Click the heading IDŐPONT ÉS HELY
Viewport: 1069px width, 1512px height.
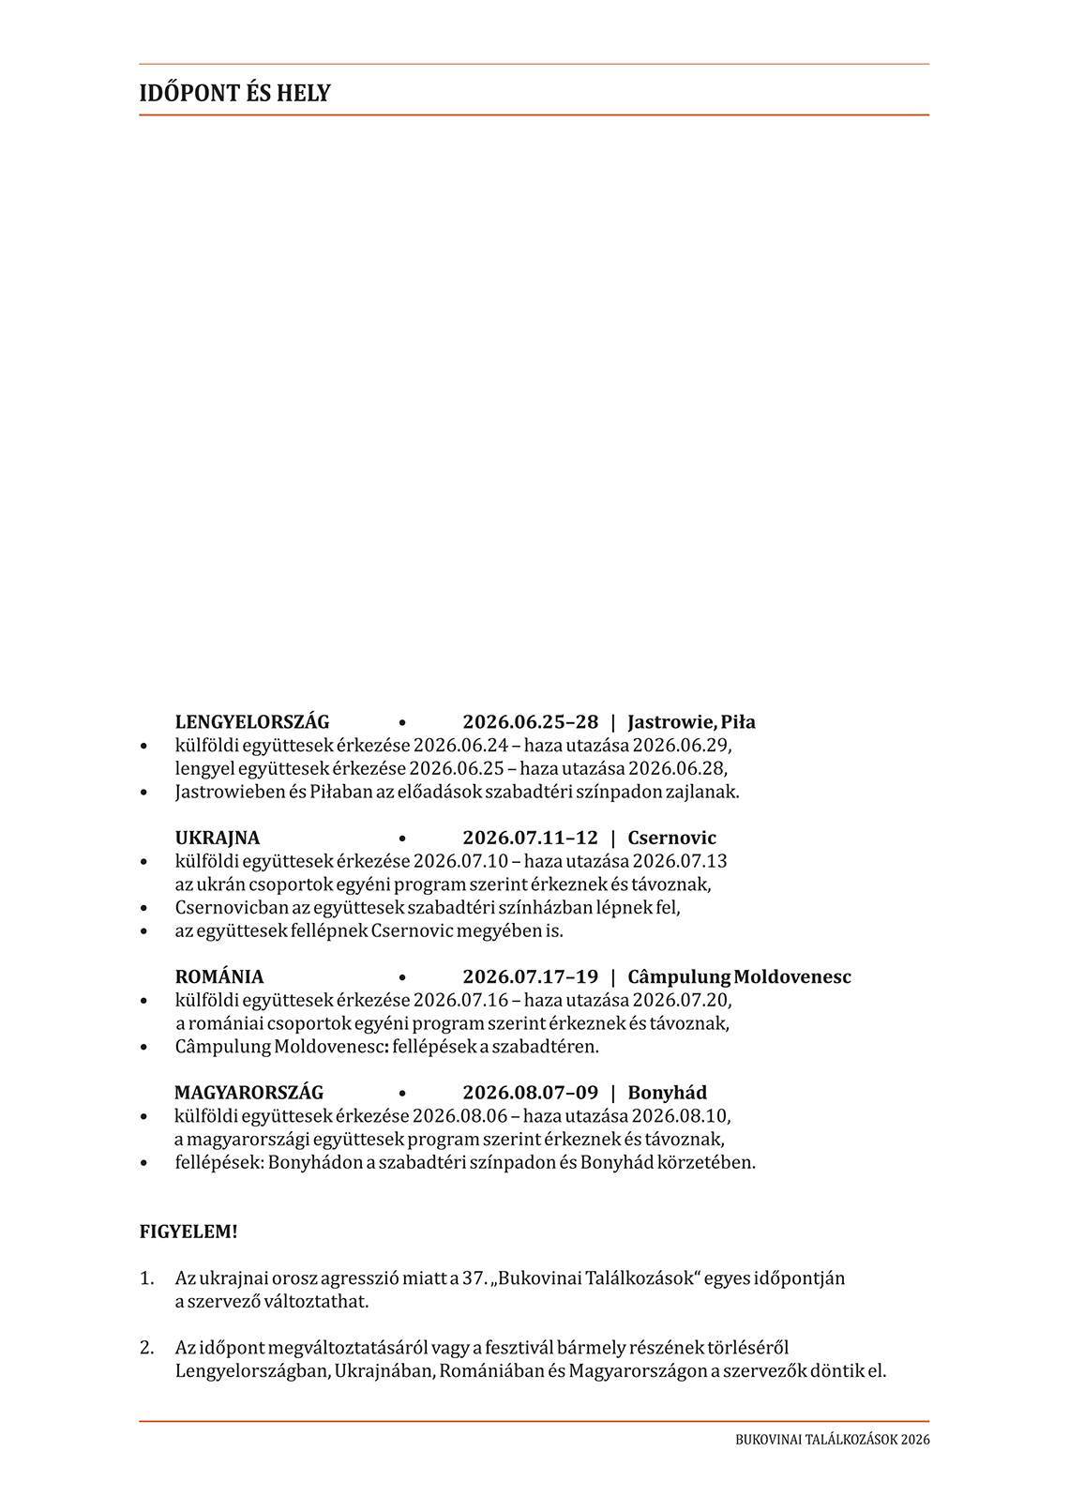tap(234, 93)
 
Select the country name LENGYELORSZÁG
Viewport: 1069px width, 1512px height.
tap(252, 722)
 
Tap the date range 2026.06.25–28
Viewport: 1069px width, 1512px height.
tap(530, 722)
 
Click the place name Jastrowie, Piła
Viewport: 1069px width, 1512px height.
tap(691, 722)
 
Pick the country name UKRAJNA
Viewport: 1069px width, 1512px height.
tap(218, 838)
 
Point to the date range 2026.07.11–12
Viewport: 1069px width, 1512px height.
tap(530, 838)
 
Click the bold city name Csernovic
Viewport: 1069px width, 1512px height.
tap(671, 838)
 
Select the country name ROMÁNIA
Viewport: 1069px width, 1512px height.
tap(219, 976)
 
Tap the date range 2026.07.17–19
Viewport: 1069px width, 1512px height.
tap(530, 976)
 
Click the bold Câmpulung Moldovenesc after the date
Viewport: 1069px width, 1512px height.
tap(739, 976)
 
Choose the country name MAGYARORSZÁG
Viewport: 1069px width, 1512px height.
tap(248, 1093)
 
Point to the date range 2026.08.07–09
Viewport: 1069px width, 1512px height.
tap(530, 1093)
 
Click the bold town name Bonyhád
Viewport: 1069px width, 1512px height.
tap(667, 1093)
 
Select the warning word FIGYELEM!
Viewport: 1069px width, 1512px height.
tap(188, 1232)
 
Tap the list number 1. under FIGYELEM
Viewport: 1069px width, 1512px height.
tap(146, 1278)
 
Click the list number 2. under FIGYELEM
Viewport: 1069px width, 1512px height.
tap(146, 1348)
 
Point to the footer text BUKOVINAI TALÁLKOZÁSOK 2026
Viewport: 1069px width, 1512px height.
tap(832, 1440)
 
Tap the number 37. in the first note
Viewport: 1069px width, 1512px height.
tap(474, 1278)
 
